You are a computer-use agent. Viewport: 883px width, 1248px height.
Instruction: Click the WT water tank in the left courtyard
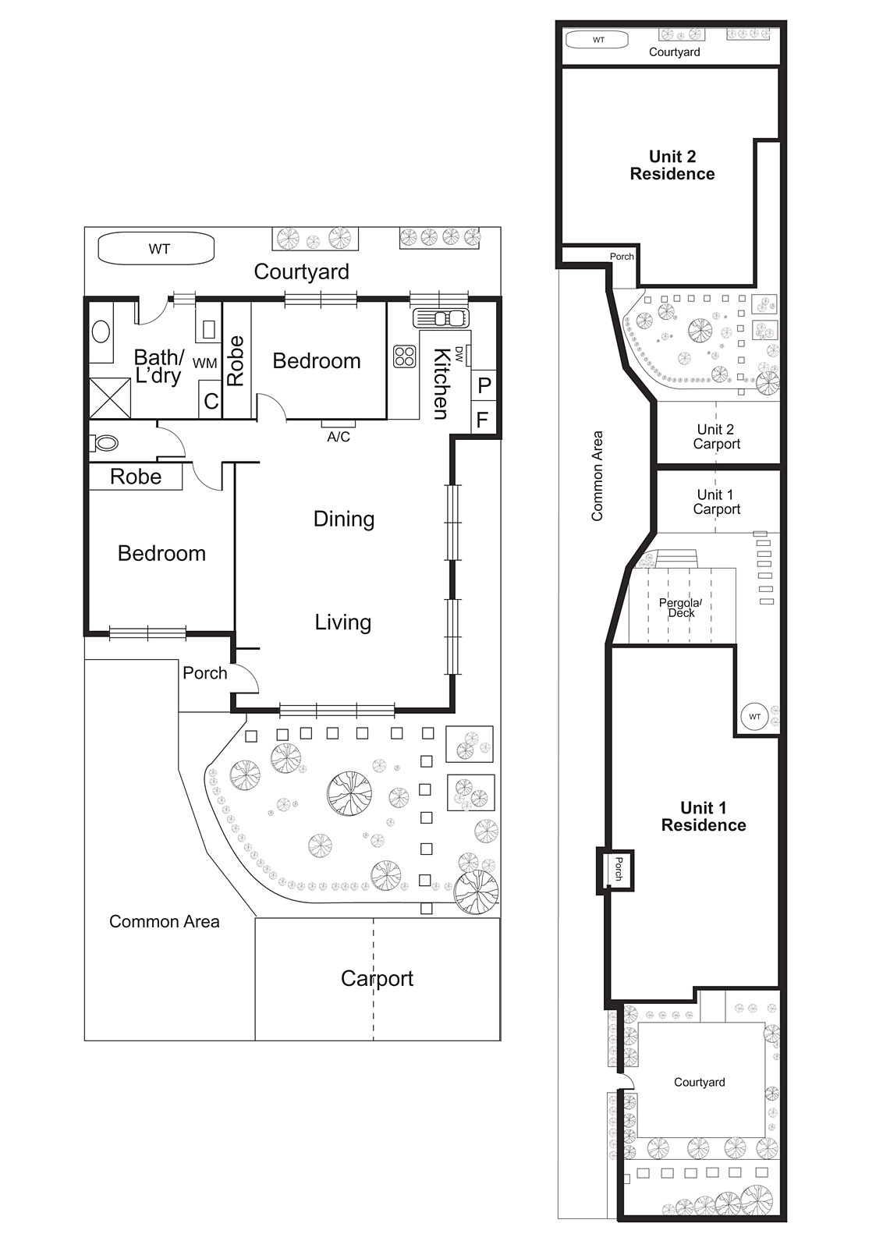(156, 249)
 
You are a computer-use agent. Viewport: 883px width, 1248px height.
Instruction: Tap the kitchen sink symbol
(441, 318)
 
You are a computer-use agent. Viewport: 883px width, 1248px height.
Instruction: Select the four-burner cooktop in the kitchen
(405, 356)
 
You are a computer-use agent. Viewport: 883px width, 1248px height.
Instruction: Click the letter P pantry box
(484, 385)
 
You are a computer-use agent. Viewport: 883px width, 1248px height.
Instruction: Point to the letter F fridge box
(482, 420)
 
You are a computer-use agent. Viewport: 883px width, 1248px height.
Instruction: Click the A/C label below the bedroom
(339, 437)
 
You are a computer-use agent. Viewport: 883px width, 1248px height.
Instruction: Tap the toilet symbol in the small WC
(105, 443)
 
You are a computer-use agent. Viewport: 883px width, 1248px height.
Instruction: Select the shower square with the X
(110, 398)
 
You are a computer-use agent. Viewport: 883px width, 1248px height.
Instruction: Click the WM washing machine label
(205, 363)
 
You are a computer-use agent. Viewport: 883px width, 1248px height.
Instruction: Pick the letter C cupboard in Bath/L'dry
(211, 401)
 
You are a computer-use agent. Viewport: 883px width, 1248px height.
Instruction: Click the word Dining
(344, 519)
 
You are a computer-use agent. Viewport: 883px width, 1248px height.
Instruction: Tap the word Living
(343, 622)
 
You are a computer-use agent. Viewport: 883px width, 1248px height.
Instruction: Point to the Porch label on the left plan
(205, 673)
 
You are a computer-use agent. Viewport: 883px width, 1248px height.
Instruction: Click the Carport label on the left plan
(377, 978)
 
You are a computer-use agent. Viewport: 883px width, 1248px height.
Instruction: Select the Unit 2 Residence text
(672, 165)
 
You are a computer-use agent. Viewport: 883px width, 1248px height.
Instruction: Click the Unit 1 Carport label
(716, 502)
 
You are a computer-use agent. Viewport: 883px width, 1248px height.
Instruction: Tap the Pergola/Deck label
(681, 608)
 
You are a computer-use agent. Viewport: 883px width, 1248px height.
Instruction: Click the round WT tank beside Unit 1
(754, 717)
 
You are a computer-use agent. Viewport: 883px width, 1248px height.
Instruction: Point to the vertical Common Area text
(598, 476)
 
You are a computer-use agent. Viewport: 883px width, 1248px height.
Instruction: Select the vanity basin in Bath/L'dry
(101, 331)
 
